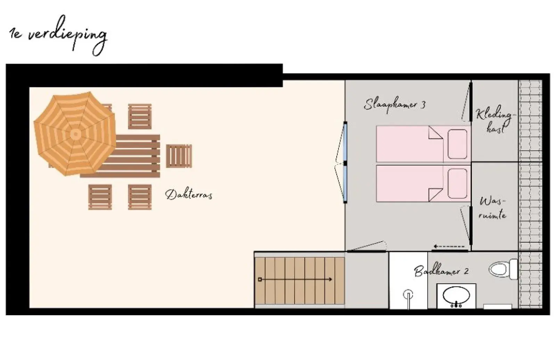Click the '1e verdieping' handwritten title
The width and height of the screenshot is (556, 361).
click(58, 35)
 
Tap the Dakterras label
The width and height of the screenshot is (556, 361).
click(189, 194)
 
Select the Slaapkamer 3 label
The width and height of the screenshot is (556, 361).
click(394, 104)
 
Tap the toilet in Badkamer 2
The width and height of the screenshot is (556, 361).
click(504, 269)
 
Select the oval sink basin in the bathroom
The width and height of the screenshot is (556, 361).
click(456, 295)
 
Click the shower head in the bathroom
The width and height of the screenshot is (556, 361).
click(408, 295)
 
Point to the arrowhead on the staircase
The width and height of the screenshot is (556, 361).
click(330, 279)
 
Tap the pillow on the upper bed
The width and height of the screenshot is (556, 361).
click(457, 144)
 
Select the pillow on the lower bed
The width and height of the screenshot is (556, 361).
click(457, 184)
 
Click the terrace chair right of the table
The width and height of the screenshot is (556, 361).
click(179, 156)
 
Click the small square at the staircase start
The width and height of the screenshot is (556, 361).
click(260, 280)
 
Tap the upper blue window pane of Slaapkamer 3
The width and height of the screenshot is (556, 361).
click(345, 143)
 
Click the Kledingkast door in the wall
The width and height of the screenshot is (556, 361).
click(471, 101)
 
